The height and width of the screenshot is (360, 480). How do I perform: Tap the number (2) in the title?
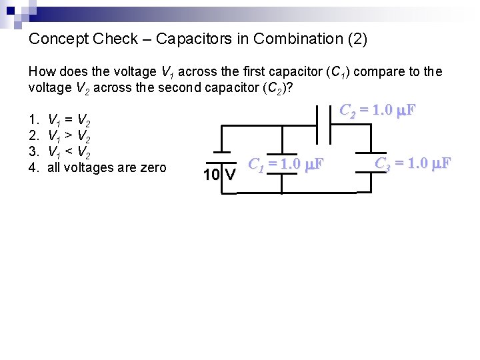357,39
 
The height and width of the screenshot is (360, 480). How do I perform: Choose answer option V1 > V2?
70,137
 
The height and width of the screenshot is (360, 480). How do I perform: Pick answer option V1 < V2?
70,152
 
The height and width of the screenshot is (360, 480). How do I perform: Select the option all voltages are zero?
107,167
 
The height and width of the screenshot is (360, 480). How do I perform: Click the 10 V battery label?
220,175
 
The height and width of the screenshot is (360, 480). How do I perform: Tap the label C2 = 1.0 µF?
378,110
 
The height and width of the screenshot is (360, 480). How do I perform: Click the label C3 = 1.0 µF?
413,163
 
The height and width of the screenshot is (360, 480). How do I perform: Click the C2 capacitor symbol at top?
323,124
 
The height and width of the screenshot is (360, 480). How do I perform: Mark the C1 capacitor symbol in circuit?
281,163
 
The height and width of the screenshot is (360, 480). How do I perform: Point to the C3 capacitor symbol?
371,163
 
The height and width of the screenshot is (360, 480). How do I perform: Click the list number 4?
33,167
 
